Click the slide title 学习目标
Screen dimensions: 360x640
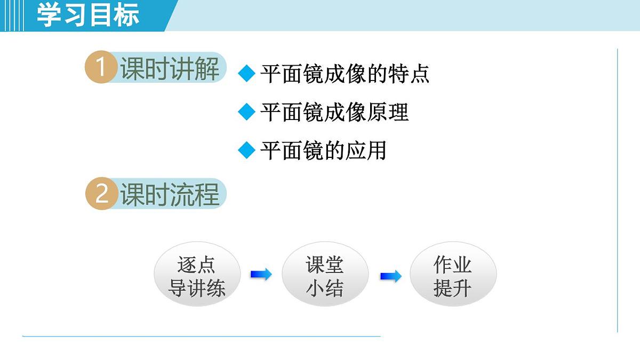click(x=87, y=15)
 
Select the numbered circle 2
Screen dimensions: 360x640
click(x=101, y=194)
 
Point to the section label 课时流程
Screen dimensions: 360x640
click(x=170, y=194)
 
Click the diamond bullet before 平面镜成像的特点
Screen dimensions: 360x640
click(x=247, y=74)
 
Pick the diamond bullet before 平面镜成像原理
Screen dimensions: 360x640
click(x=247, y=112)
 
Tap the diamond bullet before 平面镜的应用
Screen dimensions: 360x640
click(x=247, y=150)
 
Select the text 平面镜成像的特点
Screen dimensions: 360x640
click(x=345, y=74)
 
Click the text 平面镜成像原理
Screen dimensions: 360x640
click(x=334, y=112)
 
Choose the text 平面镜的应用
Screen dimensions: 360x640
click(x=323, y=150)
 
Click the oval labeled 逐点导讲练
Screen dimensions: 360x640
click(x=197, y=276)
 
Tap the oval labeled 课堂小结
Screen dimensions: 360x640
click(x=325, y=276)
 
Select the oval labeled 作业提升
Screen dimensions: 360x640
click(x=452, y=276)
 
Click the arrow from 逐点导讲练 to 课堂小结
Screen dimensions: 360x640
click(x=261, y=275)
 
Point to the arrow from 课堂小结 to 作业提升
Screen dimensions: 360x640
click(x=390, y=276)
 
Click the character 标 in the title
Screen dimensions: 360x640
click(x=126, y=15)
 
